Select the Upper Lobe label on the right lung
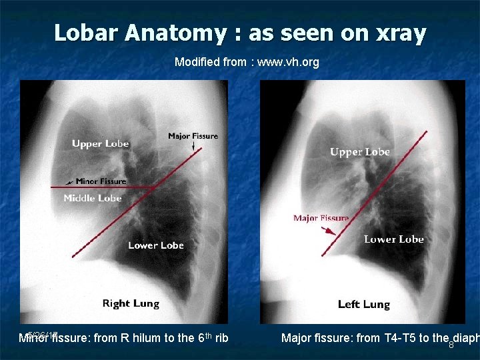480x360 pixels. point(100,143)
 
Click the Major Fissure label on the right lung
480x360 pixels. point(193,136)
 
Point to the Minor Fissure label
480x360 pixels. point(101,181)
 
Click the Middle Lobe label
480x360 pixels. point(93,198)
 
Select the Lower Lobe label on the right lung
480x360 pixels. point(156,245)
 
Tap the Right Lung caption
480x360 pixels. point(131,303)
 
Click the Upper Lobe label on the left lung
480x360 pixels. point(360,152)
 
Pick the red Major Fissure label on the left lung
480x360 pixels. point(321,218)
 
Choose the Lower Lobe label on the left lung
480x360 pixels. point(394,239)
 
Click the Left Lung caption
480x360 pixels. point(364,304)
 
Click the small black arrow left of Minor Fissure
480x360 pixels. point(70,181)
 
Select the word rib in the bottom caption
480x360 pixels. point(222,338)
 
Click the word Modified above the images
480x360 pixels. point(197,62)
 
